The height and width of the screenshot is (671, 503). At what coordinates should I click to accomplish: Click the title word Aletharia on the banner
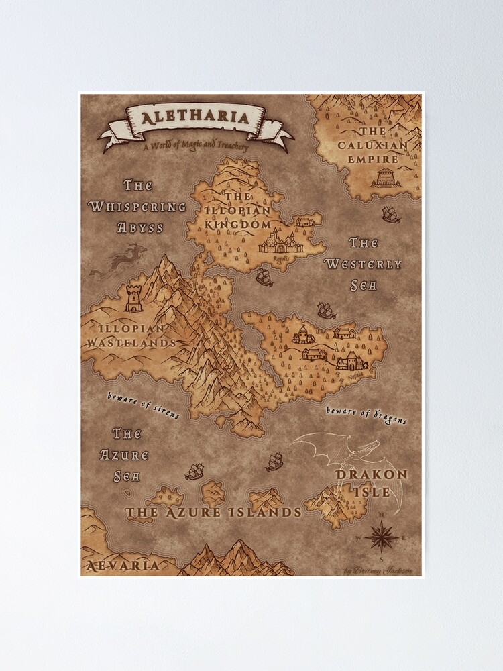(195, 119)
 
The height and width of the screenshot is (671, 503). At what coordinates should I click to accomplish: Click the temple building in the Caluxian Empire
(386, 177)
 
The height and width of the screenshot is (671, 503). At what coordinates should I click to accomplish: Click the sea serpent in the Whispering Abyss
(127, 259)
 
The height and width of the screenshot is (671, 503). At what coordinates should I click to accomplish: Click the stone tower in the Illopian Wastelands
(134, 298)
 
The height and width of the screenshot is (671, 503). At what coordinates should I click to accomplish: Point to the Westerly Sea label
(363, 264)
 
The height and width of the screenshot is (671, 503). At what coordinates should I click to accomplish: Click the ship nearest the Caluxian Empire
(391, 215)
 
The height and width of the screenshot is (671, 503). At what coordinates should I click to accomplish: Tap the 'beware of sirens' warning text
(144, 405)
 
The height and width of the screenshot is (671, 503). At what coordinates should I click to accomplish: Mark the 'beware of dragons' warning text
(366, 415)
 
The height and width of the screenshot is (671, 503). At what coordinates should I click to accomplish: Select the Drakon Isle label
(371, 482)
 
